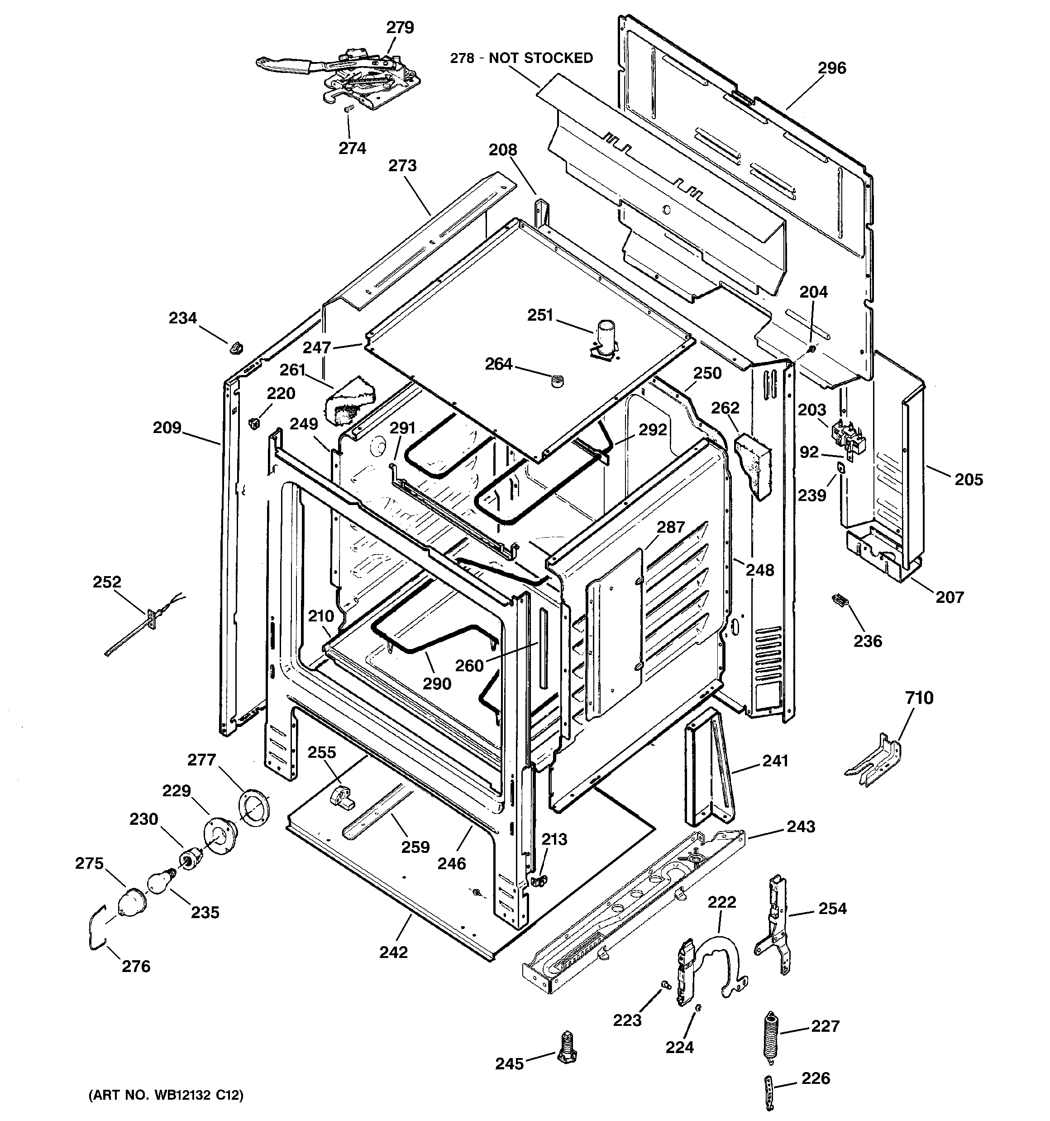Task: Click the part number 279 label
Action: tap(400, 27)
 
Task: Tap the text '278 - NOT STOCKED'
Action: tap(521, 58)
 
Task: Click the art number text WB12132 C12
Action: tap(166, 1095)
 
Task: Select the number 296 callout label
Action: tap(832, 68)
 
